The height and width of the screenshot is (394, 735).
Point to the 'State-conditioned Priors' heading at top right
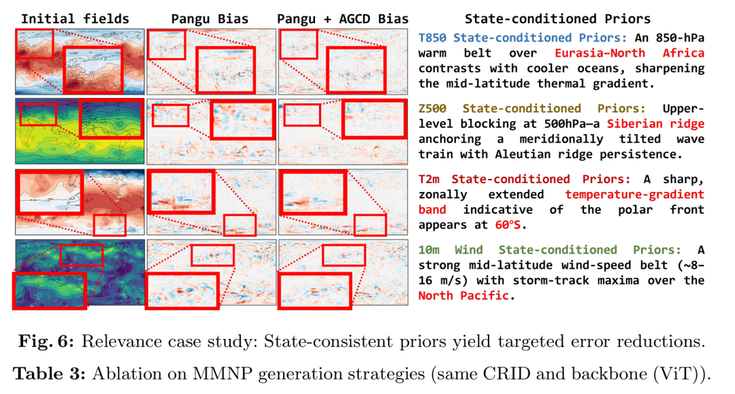[557, 19]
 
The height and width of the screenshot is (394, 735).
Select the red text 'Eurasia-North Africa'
[630, 52]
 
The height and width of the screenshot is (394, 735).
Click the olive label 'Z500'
[436, 108]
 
